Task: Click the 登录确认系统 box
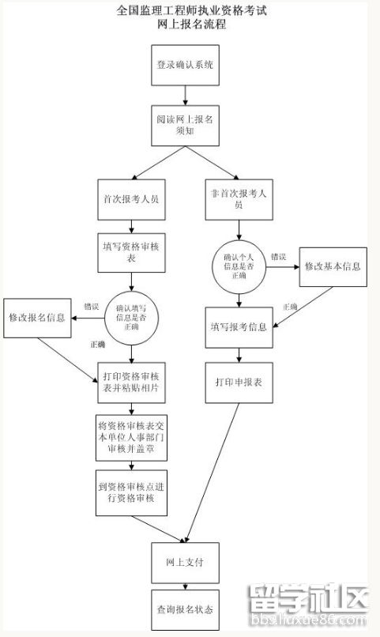(185, 65)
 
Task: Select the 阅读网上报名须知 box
(185, 125)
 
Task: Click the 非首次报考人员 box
(238, 198)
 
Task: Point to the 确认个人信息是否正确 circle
(239, 266)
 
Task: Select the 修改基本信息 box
(333, 267)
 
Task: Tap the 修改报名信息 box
(36, 318)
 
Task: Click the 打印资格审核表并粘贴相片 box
(131, 381)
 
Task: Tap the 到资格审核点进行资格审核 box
(131, 494)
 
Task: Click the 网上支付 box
(185, 563)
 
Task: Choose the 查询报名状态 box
(185, 610)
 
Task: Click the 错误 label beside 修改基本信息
(278, 257)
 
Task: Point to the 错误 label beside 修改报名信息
(91, 306)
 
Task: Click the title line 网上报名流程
(190, 24)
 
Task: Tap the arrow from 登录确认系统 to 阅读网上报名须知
(185, 95)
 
